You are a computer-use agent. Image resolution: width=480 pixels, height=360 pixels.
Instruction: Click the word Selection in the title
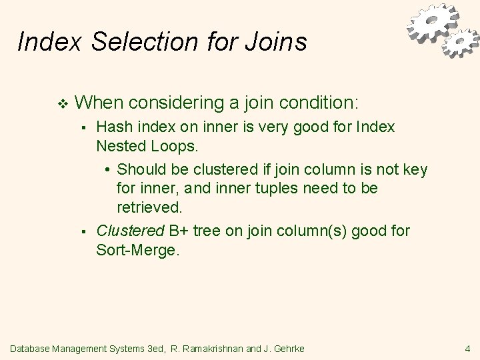[135, 43]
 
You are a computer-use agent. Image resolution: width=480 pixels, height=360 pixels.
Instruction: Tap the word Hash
[113, 127]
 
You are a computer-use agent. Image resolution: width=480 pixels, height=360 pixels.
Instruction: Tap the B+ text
[178, 231]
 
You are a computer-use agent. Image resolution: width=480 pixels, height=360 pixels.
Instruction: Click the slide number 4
[467, 347]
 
